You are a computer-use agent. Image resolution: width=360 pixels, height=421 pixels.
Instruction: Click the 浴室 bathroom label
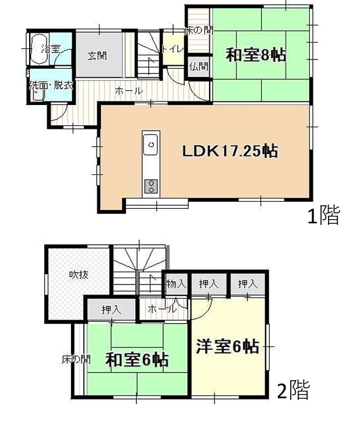click(51, 49)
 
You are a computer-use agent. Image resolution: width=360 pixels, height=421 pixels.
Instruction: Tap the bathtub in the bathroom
click(40, 49)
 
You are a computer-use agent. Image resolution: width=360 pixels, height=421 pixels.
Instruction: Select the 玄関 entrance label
click(97, 55)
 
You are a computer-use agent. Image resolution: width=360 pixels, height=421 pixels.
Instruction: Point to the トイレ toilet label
click(172, 49)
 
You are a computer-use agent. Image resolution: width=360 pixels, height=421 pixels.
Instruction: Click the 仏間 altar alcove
click(199, 66)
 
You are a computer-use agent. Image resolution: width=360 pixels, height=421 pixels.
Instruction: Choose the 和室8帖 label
click(256, 55)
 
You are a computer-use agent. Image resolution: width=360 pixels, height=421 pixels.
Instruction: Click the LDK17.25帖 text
click(230, 151)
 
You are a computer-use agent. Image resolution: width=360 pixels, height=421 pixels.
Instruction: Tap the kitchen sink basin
click(151, 145)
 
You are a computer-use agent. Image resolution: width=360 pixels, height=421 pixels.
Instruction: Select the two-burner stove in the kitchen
click(151, 186)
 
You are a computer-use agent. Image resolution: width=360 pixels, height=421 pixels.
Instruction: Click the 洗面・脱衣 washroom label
click(51, 86)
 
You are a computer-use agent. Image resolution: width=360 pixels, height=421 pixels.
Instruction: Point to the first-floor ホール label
click(129, 91)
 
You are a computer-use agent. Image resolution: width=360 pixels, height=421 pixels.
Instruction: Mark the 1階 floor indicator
click(323, 215)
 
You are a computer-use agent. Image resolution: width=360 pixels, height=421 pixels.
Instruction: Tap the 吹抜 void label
click(79, 275)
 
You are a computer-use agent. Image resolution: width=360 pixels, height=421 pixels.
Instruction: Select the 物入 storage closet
click(177, 284)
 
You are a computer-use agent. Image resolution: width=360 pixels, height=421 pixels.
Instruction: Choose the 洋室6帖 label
click(228, 346)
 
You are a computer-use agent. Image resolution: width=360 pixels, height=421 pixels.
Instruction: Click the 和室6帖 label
click(137, 360)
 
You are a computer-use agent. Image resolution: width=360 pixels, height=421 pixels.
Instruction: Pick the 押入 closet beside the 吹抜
click(112, 310)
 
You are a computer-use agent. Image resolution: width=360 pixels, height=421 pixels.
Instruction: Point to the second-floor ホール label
click(163, 309)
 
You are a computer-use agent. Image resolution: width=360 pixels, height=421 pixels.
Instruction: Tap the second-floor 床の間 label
click(76, 359)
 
